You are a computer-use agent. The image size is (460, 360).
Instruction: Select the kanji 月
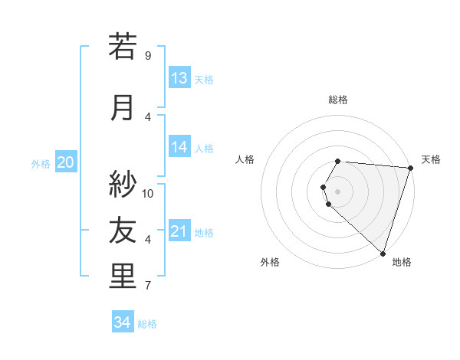tap(123, 107)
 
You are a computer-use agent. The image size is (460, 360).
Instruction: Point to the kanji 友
tap(123, 230)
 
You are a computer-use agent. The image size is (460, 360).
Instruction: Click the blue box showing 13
tap(179, 78)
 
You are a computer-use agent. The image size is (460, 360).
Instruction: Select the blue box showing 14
tap(179, 147)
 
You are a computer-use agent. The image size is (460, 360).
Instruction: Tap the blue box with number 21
tap(179, 231)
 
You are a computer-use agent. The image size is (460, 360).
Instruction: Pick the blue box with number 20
tap(66, 162)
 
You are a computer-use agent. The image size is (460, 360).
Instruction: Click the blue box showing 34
tap(123, 322)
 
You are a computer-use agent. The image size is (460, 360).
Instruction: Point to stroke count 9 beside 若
tap(148, 56)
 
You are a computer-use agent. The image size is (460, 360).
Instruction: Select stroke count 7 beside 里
tap(148, 286)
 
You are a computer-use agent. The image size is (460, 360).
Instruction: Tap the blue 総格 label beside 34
tap(147, 324)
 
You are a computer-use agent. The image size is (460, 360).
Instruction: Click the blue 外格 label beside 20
tap(41, 164)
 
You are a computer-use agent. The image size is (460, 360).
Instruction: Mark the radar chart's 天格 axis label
tap(431, 159)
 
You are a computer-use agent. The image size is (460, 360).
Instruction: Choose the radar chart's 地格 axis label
tap(402, 262)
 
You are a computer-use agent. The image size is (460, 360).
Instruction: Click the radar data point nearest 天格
tap(410, 168)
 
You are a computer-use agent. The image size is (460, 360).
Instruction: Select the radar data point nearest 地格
tap(383, 253)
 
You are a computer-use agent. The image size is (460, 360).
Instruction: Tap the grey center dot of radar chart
tap(337, 191)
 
